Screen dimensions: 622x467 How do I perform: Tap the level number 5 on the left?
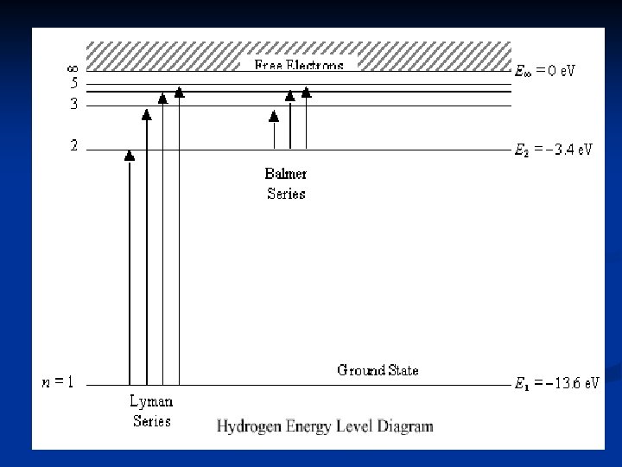tap(73, 85)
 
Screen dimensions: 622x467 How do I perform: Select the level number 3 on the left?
tap(73, 105)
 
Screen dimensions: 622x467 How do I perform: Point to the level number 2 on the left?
tap(73, 147)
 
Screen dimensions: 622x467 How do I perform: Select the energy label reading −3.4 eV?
tap(554, 150)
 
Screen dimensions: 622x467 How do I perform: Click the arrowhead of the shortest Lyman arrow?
tap(130, 156)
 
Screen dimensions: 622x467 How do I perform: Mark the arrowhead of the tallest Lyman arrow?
tap(179, 91)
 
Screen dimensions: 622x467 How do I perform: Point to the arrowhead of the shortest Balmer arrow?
tap(274, 116)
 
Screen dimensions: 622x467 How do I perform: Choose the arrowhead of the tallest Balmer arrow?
tap(306, 91)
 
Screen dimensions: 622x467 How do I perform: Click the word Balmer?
tap(285, 173)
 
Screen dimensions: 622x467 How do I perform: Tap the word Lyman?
tap(151, 401)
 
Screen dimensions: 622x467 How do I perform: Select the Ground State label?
tap(378, 370)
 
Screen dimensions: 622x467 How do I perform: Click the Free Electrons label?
tap(299, 65)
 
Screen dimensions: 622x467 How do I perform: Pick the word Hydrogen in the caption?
tap(250, 425)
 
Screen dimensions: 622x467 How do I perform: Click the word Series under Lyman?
tap(151, 421)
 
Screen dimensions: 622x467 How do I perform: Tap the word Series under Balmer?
tap(286, 194)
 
